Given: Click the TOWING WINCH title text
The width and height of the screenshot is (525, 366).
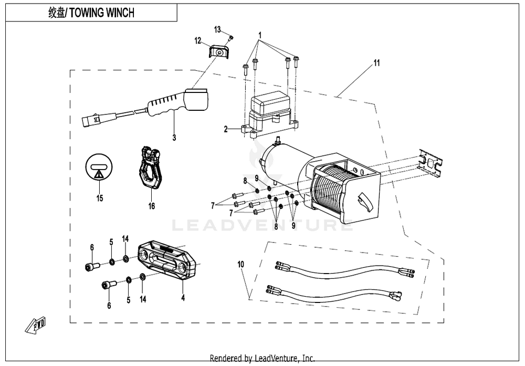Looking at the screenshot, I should tap(92, 13).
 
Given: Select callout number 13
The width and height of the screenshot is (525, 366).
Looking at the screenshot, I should tap(218, 28).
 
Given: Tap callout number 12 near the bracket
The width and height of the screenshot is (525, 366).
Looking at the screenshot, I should tap(197, 40).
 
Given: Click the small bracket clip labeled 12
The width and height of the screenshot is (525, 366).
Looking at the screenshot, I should tap(218, 53).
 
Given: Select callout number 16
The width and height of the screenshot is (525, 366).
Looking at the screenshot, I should tap(151, 206).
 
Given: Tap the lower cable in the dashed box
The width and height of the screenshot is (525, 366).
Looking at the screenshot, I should tap(336, 295).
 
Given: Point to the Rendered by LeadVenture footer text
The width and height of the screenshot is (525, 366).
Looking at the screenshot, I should tap(262, 358).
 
